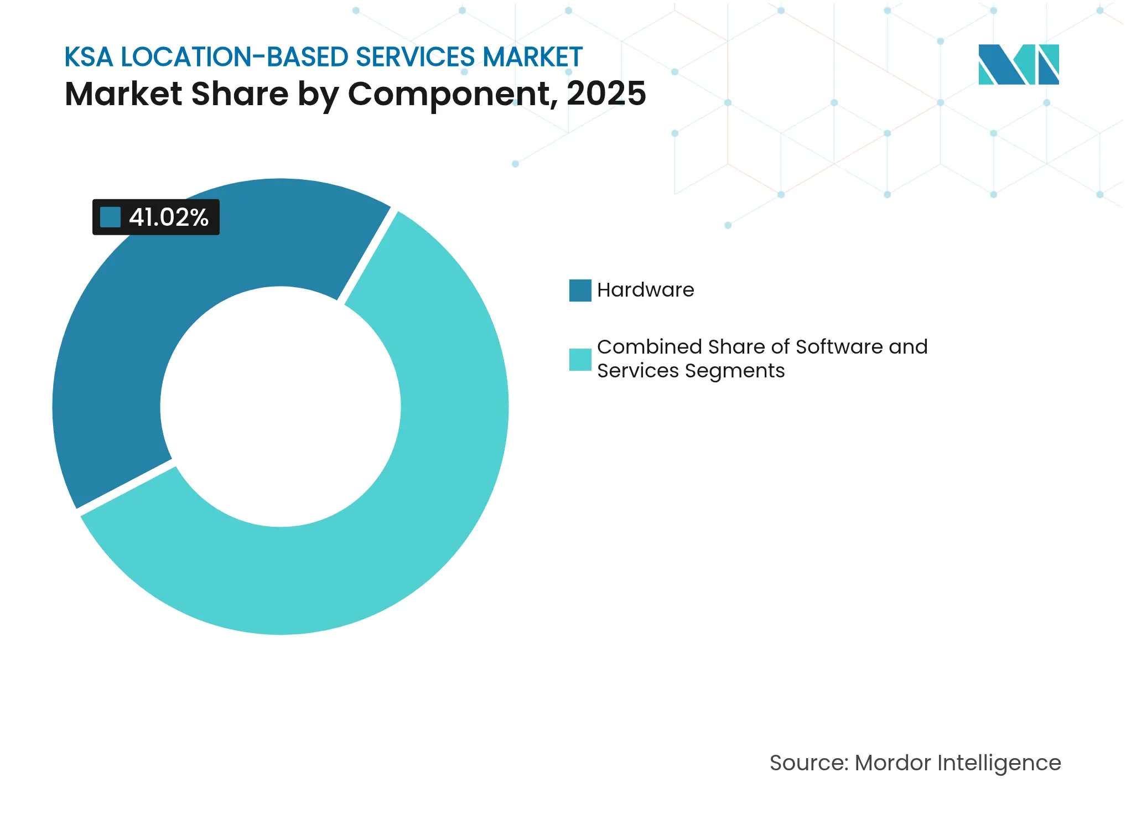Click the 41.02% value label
(168, 217)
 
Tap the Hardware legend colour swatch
(580, 291)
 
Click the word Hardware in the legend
(645, 290)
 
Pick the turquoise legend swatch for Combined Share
(580, 360)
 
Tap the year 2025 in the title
(606, 94)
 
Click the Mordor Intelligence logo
(1018, 65)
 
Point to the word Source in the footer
(808, 763)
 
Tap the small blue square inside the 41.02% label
(110, 217)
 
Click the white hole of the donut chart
(281, 407)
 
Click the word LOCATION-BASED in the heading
(235, 57)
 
